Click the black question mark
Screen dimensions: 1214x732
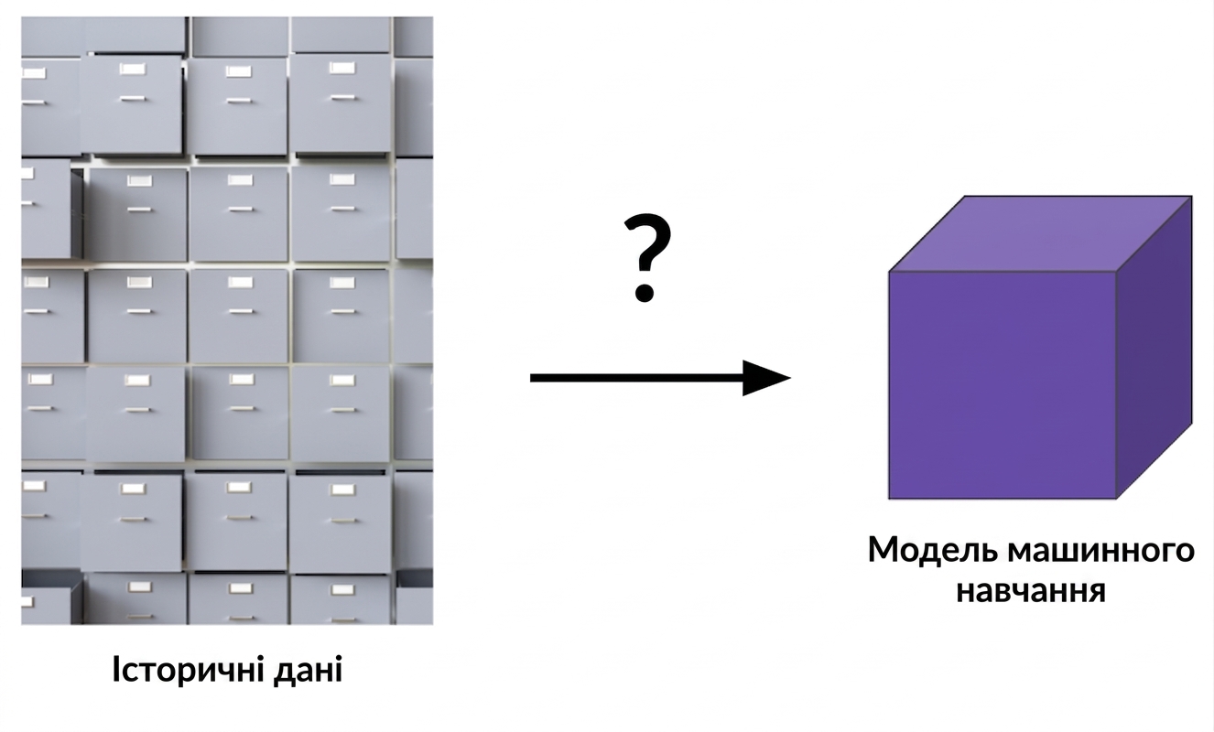tap(647, 258)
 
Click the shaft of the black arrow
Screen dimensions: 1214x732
tap(637, 378)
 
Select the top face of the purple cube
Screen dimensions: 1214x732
tap(1041, 233)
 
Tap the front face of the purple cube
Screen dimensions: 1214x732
tap(1003, 384)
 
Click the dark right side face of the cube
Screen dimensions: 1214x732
tap(1154, 347)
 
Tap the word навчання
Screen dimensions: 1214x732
tap(1031, 591)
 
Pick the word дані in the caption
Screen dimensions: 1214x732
tap(308, 670)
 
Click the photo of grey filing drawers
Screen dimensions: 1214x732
tap(227, 320)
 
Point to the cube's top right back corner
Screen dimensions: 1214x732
tap(1192, 196)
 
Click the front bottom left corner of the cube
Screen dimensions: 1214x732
tap(889, 499)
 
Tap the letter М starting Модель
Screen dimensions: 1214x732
tap(883, 551)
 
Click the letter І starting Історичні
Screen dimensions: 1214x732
tap(116, 669)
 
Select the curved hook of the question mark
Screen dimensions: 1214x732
tap(648, 242)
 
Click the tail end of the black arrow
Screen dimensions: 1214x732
tap(531, 378)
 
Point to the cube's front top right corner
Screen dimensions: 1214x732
tap(1116, 272)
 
